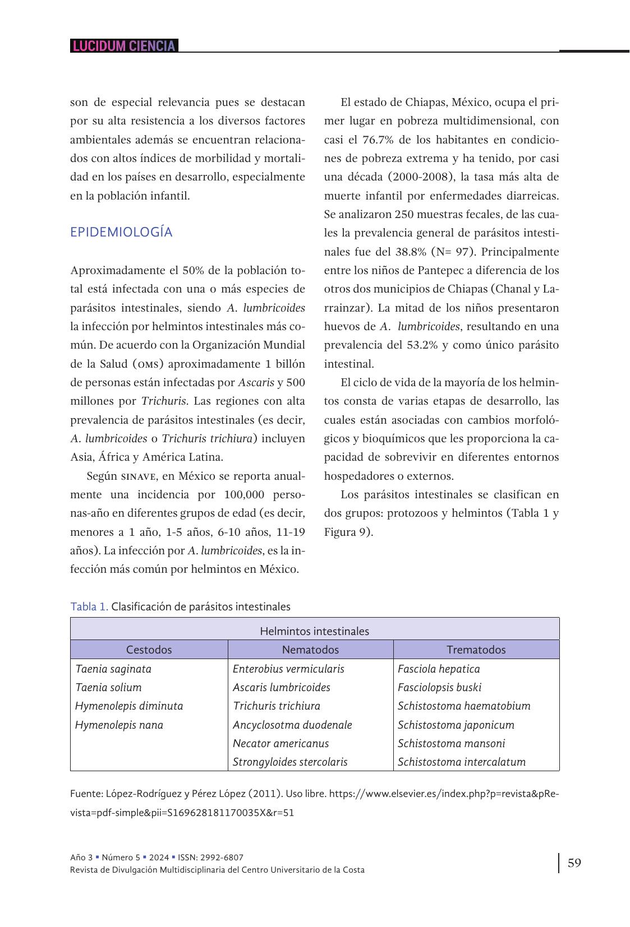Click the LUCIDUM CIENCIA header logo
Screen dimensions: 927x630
(x=124, y=46)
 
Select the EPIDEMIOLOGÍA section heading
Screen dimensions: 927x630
(x=121, y=232)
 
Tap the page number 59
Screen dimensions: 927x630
(x=574, y=863)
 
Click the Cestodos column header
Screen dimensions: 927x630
(x=149, y=650)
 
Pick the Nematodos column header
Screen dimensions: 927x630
(x=310, y=650)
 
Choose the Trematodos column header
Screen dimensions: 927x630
(x=476, y=650)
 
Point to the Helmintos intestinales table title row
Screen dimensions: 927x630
(x=314, y=631)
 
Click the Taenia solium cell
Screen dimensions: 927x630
(x=108, y=687)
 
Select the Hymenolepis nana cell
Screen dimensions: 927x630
(x=119, y=725)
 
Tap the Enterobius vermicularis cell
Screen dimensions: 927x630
(x=288, y=669)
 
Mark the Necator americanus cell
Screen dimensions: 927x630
(x=280, y=743)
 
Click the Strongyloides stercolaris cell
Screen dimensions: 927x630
(x=290, y=762)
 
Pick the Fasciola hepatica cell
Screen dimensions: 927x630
(x=439, y=669)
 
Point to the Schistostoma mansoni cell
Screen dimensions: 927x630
(x=451, y=743)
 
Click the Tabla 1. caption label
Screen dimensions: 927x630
(x=89, y=606)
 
